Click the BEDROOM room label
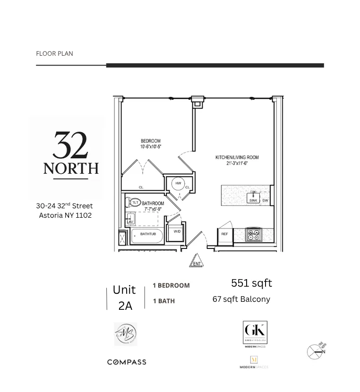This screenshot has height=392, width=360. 150,141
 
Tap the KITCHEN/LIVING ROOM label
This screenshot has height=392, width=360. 237,158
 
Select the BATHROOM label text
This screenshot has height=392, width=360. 153,204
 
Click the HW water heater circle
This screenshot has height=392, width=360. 178,184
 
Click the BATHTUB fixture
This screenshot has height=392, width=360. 147,235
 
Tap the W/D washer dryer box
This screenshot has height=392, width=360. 177,231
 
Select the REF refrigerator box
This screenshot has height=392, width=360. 225,234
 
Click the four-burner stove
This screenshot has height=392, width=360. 254,235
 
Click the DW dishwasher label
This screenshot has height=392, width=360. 265,201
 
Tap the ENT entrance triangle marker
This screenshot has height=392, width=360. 197,262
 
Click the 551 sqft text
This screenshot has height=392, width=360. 251,283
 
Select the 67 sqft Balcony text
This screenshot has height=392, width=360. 241,299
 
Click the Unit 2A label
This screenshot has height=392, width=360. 125,298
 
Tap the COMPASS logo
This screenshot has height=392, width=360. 127,362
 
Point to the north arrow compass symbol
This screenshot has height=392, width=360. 315,351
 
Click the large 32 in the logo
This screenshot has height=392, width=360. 70,145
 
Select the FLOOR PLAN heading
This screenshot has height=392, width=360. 54,53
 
